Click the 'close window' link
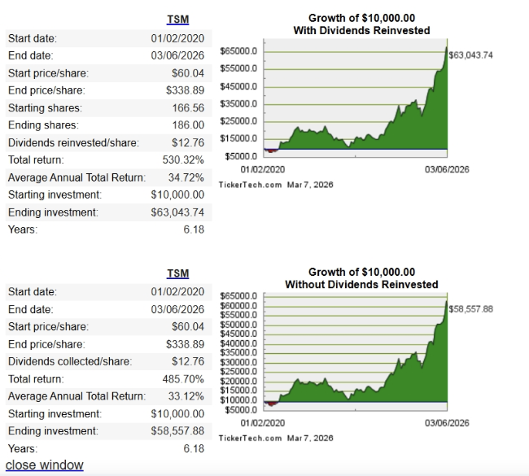(45, 465)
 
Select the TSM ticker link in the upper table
(177, 20)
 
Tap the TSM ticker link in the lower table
(177, 273)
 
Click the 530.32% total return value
(184, 160)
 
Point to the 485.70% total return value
(184, 378)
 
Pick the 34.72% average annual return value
(187, 177)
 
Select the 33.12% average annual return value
(187, 396)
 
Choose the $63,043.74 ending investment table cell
(177, 212)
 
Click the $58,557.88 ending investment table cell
(177, 430)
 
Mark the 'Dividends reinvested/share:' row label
(73, 142)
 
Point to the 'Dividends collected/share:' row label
(71, 361)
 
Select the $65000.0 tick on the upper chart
(240, 51)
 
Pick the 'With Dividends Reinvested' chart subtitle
(361, 31)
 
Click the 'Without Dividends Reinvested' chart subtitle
(361, 285)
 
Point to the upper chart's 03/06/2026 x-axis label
(447, 169)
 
